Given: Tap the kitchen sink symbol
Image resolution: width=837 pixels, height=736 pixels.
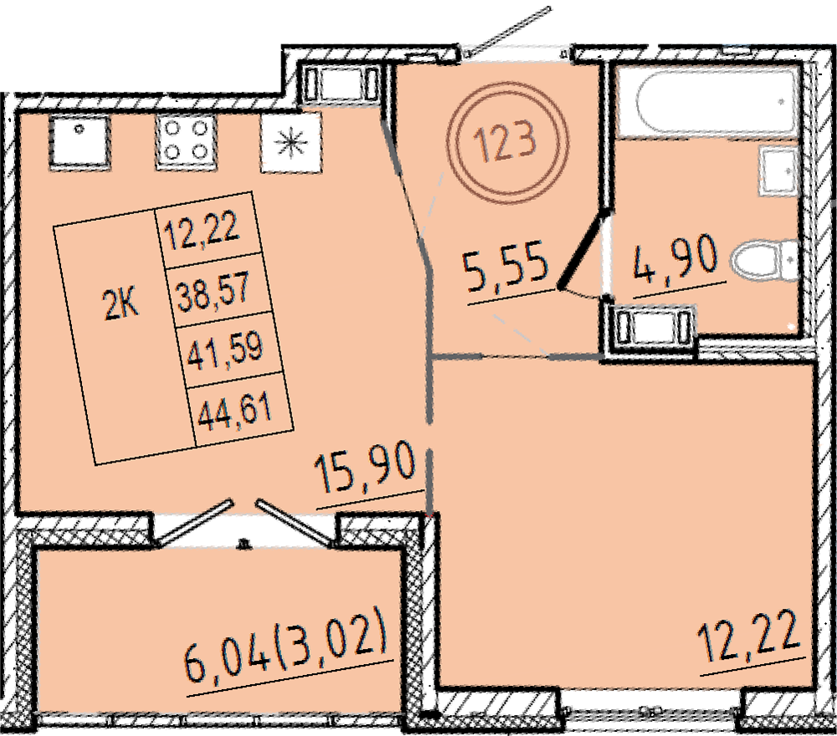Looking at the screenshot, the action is [x=80, y=142].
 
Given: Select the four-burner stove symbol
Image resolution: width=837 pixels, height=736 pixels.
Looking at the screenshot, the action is [x=186, y=142].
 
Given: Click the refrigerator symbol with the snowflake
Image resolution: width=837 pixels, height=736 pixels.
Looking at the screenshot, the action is [x=291, y=142].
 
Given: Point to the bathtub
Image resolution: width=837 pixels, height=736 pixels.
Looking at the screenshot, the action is [x=708, y=102].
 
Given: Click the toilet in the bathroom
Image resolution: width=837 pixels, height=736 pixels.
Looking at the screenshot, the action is [x=764, y=261].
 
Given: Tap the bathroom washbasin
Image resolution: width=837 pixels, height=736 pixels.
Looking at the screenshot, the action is [x=778, y=171].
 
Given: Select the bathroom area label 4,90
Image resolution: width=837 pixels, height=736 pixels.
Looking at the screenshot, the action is [x=675, y=260].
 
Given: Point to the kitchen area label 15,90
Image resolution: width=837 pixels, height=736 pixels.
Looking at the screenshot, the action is [x=365, y=469].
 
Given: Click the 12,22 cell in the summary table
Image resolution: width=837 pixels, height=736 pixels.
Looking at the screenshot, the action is [x=203, y=232].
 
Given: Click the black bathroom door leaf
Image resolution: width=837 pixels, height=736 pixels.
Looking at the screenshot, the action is [x=583, y=249].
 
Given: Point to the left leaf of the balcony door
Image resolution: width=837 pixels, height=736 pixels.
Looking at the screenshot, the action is [x=196, y=522].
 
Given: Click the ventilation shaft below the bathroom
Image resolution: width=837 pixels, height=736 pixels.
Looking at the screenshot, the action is [x=650, y=324].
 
